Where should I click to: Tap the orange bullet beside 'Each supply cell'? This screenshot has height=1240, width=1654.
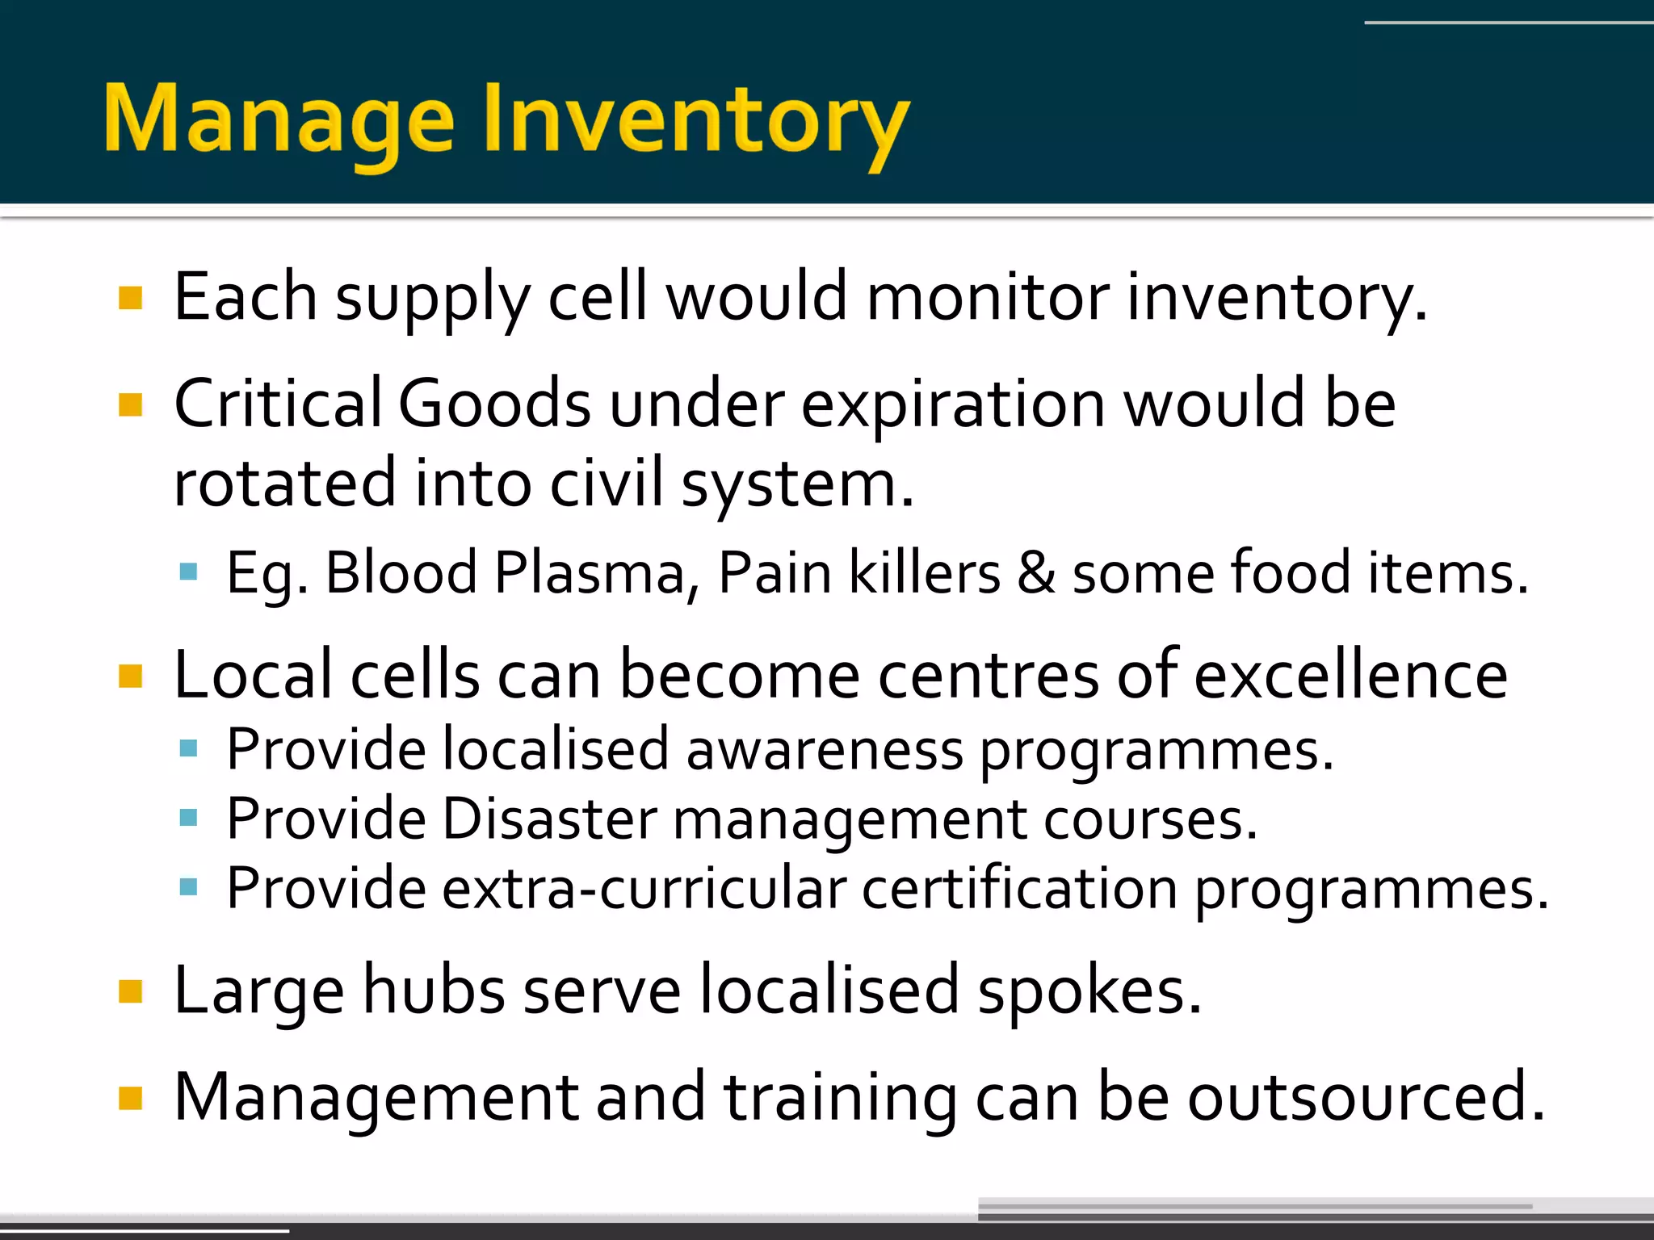click(130, 299)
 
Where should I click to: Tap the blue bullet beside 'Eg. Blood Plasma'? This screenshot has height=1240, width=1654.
click(189, 572)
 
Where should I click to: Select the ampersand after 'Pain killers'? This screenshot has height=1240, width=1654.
click(1035, 573)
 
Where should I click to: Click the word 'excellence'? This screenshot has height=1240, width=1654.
click(1350, 675)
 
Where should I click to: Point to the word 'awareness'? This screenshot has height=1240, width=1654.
click(824, 749)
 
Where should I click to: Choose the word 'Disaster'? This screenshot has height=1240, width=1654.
click(550, 819)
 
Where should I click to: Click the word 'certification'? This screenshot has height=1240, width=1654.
click(1019, 888)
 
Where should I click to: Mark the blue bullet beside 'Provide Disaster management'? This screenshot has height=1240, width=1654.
click(189, 819)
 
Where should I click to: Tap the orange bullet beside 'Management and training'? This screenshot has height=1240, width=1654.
click(130, 1099)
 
